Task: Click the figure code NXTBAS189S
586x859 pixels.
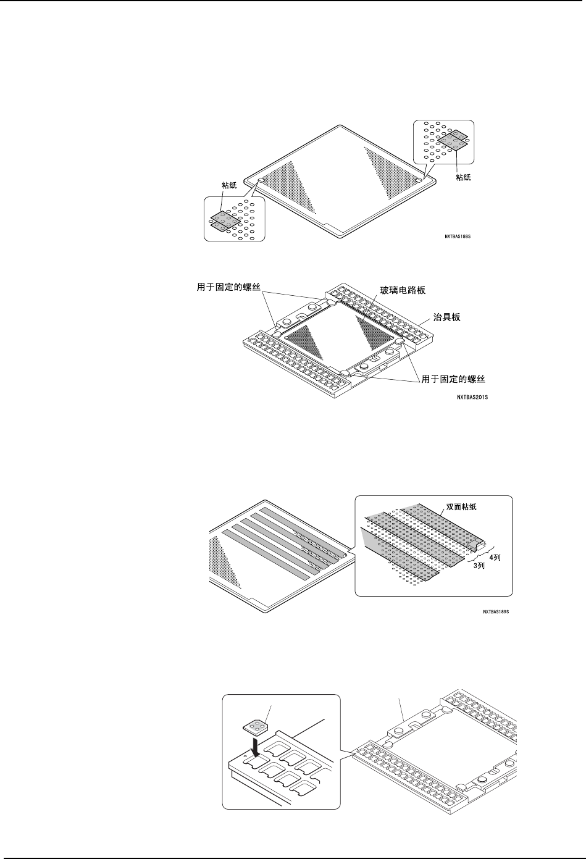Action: coord(499,613)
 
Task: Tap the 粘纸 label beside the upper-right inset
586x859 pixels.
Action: coord(464,177)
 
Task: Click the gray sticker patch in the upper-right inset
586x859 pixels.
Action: coord(453,140)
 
